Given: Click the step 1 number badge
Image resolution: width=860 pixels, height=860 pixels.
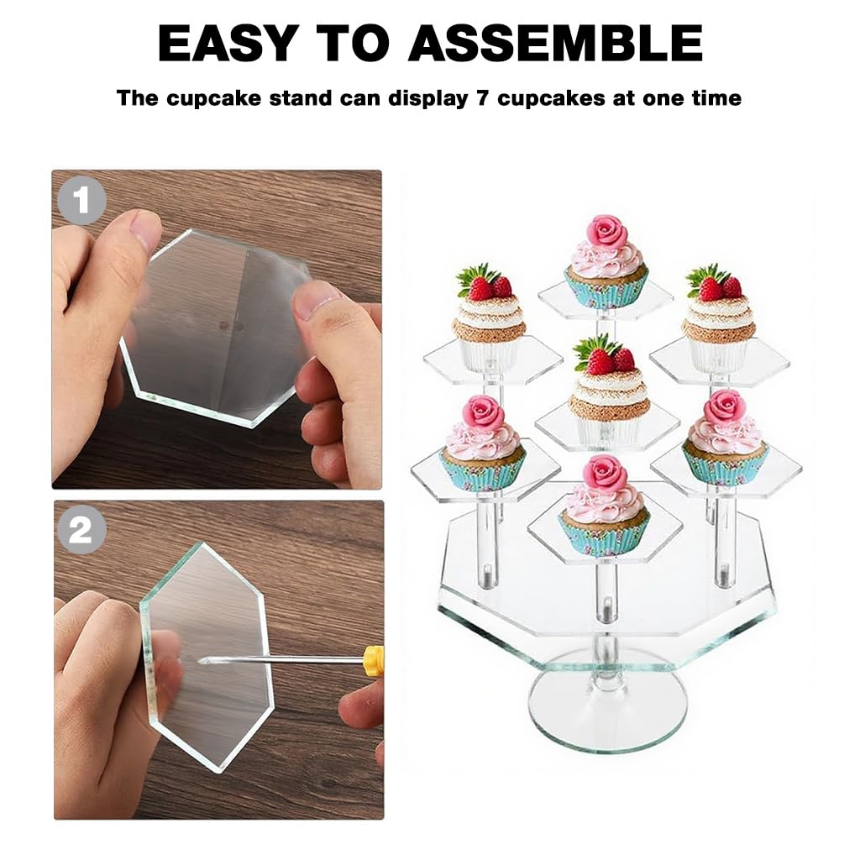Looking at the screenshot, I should [x=81, y=201].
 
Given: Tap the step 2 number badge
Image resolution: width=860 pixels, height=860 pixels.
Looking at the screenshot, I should [x=81, y=531].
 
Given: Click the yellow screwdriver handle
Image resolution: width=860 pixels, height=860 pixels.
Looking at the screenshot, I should [x=375, y=661].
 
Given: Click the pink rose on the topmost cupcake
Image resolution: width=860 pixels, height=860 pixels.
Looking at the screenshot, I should [x=606, y=231].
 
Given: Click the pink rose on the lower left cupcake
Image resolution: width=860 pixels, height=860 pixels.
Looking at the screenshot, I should [x=483, y=413].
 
